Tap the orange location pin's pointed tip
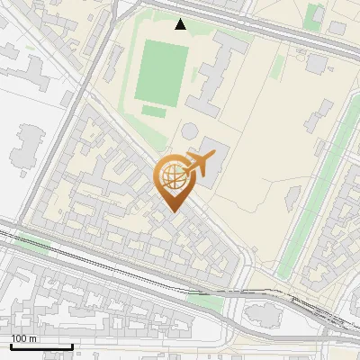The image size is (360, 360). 172,212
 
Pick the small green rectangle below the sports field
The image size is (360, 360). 154,111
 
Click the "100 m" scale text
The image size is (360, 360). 24,338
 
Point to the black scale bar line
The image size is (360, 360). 41,346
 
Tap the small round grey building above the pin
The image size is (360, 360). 190,131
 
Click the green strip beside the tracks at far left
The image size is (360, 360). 31,242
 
